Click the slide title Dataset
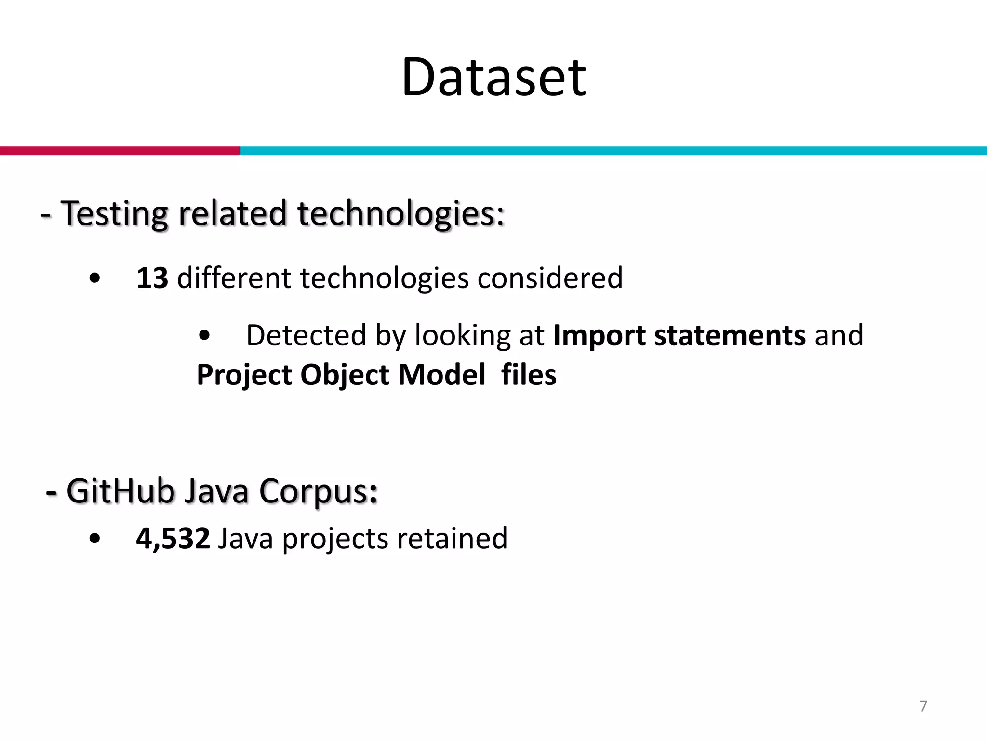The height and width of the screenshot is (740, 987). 493,77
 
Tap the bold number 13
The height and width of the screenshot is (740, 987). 152,278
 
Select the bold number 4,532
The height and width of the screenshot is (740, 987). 173,538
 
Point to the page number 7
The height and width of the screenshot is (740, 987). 923,706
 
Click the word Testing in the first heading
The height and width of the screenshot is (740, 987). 115,213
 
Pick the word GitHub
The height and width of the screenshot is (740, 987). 120,491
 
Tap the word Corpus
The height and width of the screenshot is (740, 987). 318,491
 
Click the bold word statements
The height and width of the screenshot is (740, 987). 730,335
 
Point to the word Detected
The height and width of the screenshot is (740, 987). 307,335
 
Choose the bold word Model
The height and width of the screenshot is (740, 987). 442,375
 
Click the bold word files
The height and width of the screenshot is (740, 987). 529,375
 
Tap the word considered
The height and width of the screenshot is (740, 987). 550,278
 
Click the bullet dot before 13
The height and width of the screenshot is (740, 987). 95,279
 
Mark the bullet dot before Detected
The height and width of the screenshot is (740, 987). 204,336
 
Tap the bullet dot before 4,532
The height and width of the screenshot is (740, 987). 95,539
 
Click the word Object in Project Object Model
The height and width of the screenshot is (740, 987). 345,375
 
